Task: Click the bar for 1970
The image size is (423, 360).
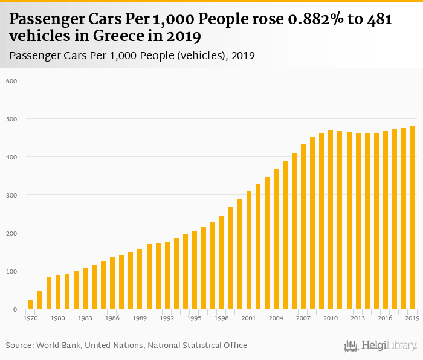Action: (x=31, y=304)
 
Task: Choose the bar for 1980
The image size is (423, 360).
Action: (x=58, y=292)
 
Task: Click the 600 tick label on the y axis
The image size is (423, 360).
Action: (x=11, y=82)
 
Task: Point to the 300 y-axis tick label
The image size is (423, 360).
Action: (x=11, y=196)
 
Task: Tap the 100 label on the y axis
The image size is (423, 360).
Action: (x=11, y=272)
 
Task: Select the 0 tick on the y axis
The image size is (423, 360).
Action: (x=15, y=310)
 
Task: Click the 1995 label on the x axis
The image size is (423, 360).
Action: (x=194, y=318)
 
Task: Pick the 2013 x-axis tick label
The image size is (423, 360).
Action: (x=358, y=318)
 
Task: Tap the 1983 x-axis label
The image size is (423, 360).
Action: (x=85, y=318)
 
